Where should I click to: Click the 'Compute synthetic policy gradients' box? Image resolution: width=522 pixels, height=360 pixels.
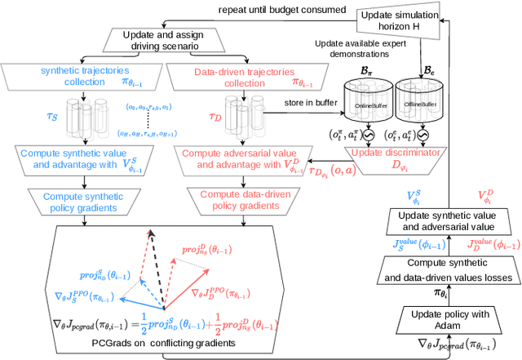(81, 200)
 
